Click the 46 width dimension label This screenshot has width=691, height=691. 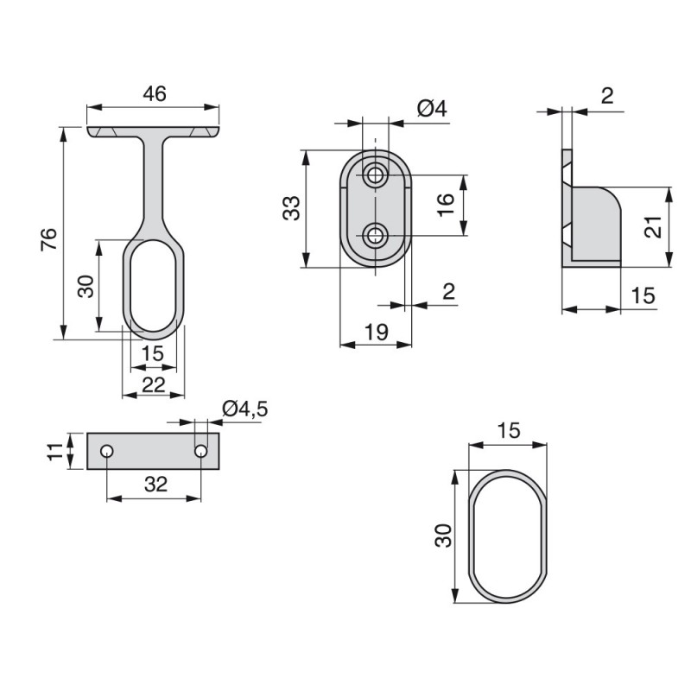pyautogui.click(x=155, y=94)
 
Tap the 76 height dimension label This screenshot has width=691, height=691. pyautogui.click(x=49, y=239)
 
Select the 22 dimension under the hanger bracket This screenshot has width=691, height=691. pyautogui.click(x=154, y=385)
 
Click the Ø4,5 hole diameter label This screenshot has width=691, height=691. pyautogui.click(x=245, y=409)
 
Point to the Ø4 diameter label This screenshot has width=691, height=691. pyautogui.click(x=432, y=109)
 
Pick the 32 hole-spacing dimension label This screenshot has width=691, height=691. pyautogui.click(x=156, y=485)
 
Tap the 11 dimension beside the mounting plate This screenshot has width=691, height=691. pyautogui.click(x=55, y=452)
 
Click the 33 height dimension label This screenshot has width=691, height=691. pyautogui.click(x=291, y=208)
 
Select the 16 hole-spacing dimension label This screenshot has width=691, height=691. pyautogui.click(x=446, y=205)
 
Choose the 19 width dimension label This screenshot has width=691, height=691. pyautogui.click(x=376, y=332)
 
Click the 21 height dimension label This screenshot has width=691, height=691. pyautogui.click(x=653, y=227)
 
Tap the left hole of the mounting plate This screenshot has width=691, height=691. pyautogui.click(x=106, y=451)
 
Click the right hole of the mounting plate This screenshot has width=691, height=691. pyautogui.click(x=201, y=451)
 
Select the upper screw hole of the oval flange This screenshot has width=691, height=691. pyautogui.click(x=376, y=175)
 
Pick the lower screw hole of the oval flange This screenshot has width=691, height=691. pyautogui.click(x=376, y=236)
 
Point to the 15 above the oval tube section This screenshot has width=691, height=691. pyautogui.click(x=508, y=430)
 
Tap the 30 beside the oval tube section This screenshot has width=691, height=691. pyautogui.click(x=443, y=536)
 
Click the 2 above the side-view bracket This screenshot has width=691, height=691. pyautogui.click(x=607, y=96)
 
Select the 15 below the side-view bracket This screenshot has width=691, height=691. pyautogui.click(x=643, y=295)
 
